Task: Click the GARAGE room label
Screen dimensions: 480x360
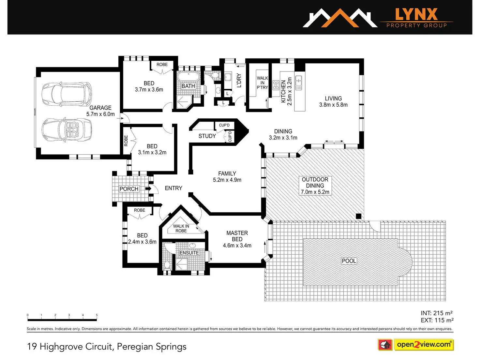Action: tap(100, 108)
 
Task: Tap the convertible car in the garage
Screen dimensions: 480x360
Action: tap(67, 130)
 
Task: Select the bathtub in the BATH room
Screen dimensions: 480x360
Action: tap(188, 77)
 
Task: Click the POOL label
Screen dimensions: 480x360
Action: tap(349, 261)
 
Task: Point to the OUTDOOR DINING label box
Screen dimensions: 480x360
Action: tap(315, 186)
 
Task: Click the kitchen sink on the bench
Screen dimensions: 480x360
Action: tap(298, 82)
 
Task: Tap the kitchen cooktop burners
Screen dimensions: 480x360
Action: tap(276, 85)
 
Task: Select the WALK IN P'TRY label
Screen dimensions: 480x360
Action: tap(262, 83)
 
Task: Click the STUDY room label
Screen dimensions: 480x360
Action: tap(207, 136)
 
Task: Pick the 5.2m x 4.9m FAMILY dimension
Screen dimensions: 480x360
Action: tap(227, 180)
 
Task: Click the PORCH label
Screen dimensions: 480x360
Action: tap(129, 189)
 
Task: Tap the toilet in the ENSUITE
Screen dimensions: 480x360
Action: tap(167, 265)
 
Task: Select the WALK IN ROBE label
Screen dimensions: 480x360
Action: tap(181, 228)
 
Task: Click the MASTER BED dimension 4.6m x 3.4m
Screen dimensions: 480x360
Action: tap(237, 246)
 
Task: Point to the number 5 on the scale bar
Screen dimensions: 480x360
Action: tap(97, 315)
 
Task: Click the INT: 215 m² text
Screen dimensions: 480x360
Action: tap(437, 313)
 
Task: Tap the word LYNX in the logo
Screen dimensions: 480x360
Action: tap(417, 14)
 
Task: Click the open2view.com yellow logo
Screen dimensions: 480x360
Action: tap(424, 344)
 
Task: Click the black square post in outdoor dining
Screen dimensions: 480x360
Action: tap(358, 216)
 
